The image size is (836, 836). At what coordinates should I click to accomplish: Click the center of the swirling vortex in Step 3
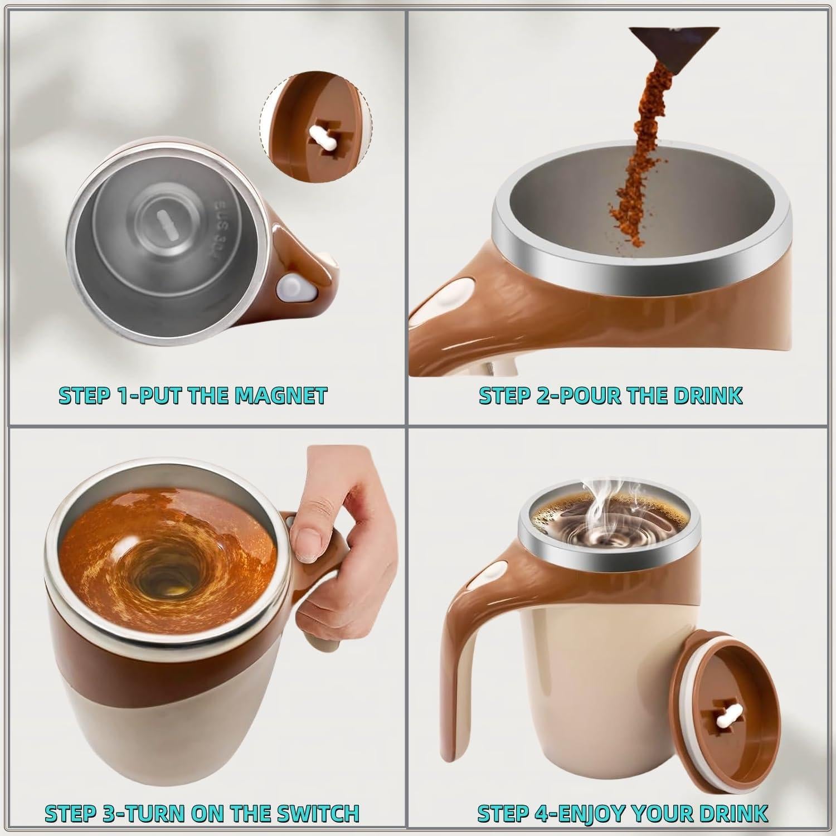pos(167,585)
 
